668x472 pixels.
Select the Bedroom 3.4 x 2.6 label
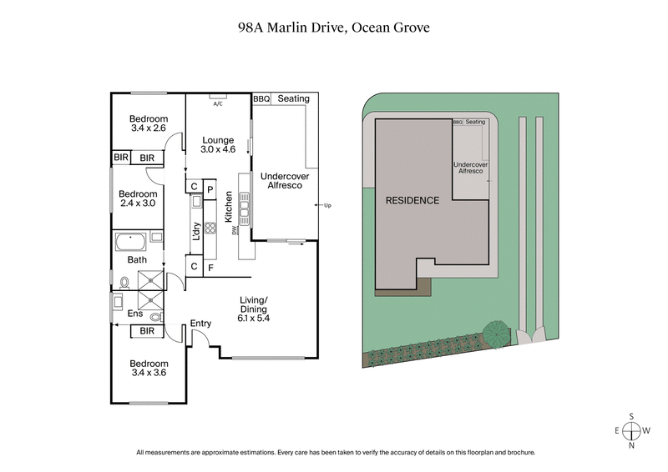(x=149, y=123)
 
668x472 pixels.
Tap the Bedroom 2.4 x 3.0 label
(x=139, y=197)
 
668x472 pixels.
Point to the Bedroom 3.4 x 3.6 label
(x=149, y=369)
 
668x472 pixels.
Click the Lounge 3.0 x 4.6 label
(x=218, y=144)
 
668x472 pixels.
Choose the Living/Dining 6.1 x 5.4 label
(x=254, y=309)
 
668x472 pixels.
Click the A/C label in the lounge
(x=218, y=104)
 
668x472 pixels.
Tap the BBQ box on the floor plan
(x=261, y=99)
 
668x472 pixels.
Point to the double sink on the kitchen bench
(x=245, y=203)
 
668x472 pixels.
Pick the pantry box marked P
(x=210, y=188)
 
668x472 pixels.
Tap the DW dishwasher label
(x=235, y=231)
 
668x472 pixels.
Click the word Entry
(x=200, y=324)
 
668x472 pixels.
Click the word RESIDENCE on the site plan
(x=411, y=201)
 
